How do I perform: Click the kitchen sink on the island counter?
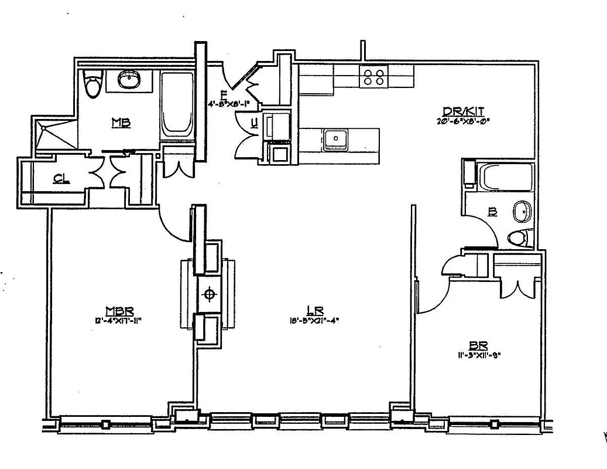click(336, 138)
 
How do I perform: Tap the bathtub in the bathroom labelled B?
click(505, 176)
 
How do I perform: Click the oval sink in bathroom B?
click(521, 212)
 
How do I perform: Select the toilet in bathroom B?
click(519, 238)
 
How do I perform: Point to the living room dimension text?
click(315, 320)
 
